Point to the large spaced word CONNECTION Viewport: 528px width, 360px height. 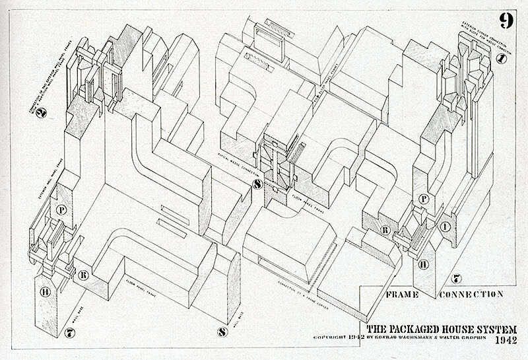(471, 294)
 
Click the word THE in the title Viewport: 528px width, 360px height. (377, 328)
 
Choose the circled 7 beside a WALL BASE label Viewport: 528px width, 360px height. (71, 332)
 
